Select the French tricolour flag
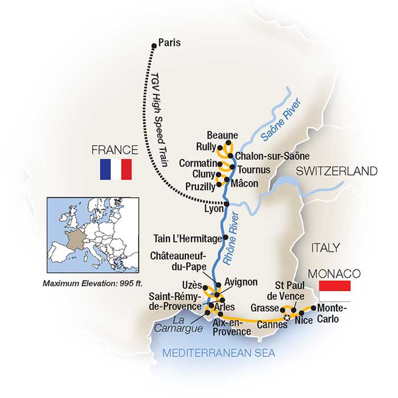pyautogui.click(x=115, y=169)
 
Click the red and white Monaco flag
pyautogui.click(x=334, y=291)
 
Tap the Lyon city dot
pyautogui.click(x=226, y=204)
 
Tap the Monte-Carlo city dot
pyautogui.click(x=313, y=309)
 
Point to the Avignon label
pyautogui.click(x=242, y=281)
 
